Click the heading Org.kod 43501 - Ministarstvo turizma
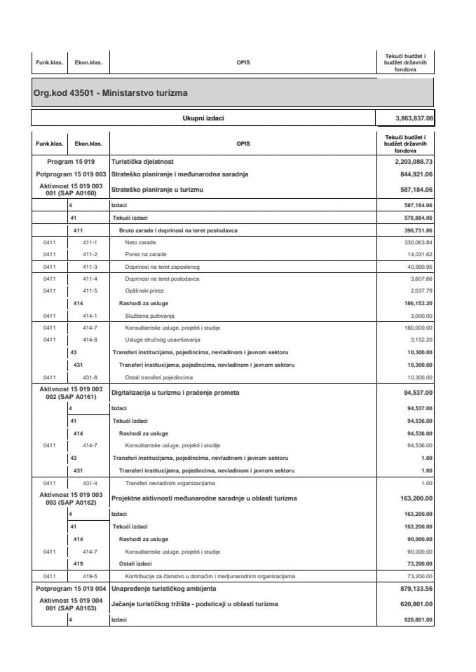pos(110,92)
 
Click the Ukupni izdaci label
pos(203,118)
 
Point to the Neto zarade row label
pos(140,241)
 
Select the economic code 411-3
pos(90,267)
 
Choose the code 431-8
pos(90,377)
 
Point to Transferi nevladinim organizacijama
pos(170,483)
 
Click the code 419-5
pos(90,576)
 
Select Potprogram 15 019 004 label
pos(71,589)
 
